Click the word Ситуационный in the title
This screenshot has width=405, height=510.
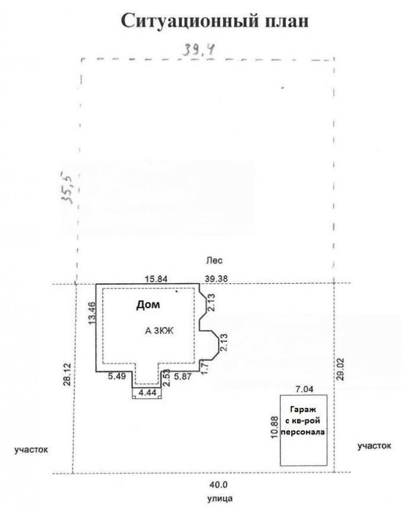point(190,22)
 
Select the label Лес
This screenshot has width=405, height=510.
point(214,260)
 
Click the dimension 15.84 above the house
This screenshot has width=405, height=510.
point(156,279)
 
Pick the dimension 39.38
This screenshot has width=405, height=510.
point(216,279)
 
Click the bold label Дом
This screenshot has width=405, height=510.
point(148,305)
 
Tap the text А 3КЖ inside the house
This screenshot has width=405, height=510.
point(159,331)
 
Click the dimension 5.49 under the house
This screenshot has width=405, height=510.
point(117,376)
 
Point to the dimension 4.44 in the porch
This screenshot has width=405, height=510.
point(147,392)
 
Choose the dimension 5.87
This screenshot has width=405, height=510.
point(183,377)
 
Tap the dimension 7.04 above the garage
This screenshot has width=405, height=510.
point(304,389)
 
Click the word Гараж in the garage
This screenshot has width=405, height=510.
point(303,410)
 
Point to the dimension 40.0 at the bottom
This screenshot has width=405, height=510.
point(219,485)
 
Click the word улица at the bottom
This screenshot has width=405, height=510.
point(220,499)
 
